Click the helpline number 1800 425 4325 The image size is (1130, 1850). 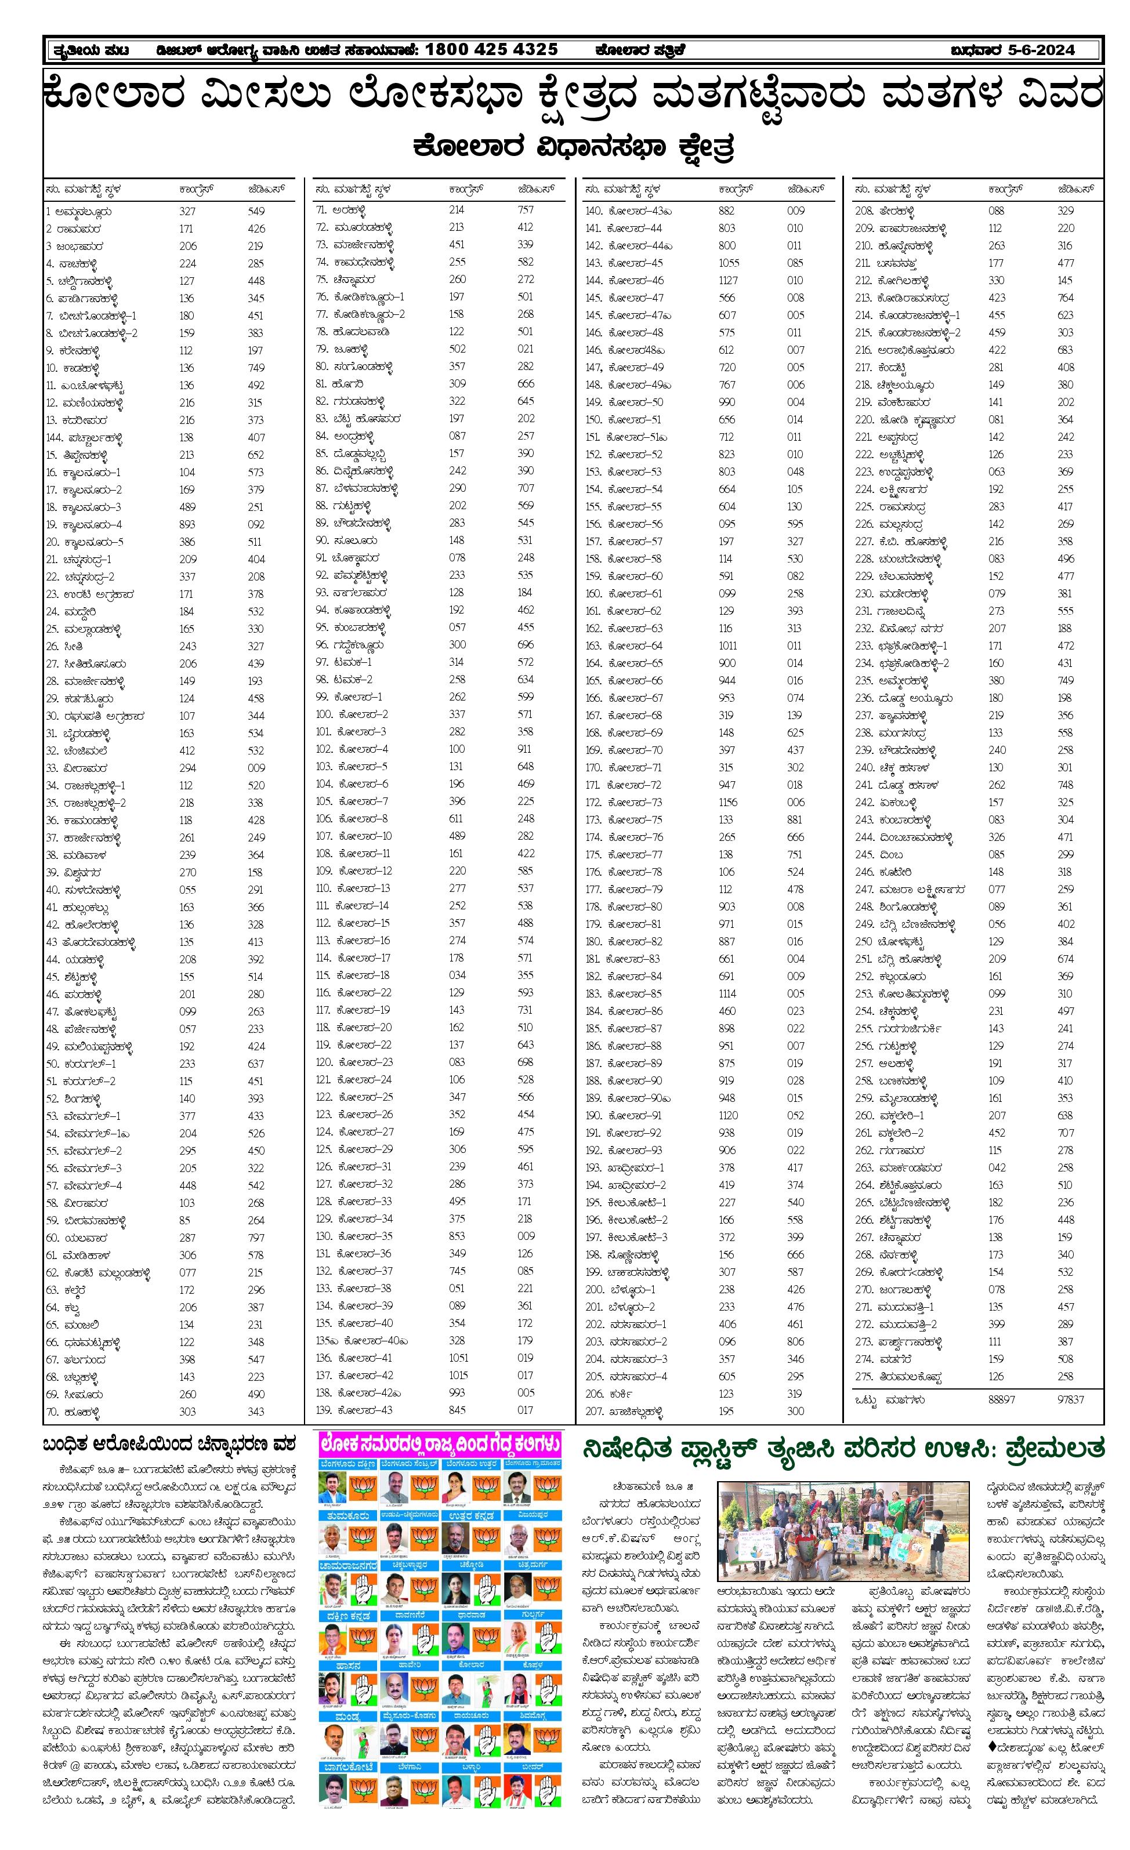pos(491,50)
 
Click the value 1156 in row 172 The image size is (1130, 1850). pos(727,802)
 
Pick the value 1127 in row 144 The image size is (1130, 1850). pos(727,280)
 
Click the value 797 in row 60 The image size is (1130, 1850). pos(256,1238)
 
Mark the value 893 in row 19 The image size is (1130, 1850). pos(187,525)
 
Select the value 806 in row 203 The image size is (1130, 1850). pos(795,1341)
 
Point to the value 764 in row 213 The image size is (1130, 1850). pos(1066,298)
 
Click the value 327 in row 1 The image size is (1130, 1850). pos(187,212)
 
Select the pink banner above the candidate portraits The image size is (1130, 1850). pos(440,1442)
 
